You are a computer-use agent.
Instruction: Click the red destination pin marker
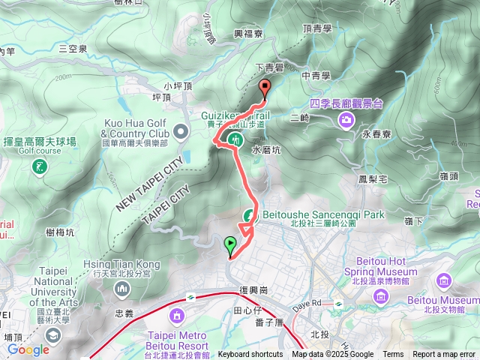click(264, 88)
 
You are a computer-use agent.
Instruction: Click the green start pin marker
click(229, 244)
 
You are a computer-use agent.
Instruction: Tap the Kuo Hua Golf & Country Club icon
click(181, 133)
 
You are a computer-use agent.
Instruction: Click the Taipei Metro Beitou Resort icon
click(177, 313)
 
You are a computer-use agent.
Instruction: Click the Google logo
click(28, 349)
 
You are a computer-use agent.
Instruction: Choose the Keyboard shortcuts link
click(250, 355)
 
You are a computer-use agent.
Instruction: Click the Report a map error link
click(445, 355)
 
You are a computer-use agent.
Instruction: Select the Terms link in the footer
click(393, 355)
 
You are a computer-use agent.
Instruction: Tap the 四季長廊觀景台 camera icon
click(347, 119)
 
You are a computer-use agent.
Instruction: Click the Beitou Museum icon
click(445, 282)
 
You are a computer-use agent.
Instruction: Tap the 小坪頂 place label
click(183, 85)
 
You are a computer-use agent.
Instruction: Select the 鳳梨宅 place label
click(373, 179)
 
